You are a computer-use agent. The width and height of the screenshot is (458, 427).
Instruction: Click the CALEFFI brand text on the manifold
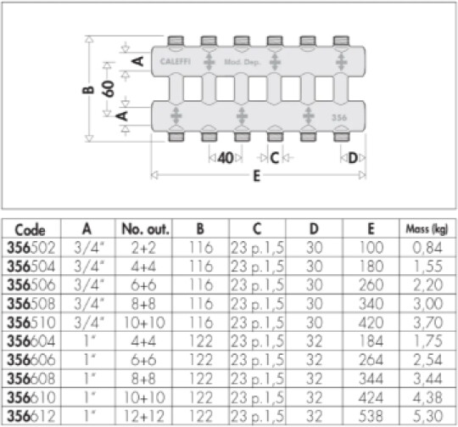(x=176, y=61)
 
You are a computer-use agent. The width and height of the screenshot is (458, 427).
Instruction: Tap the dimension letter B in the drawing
(x=88, y=90)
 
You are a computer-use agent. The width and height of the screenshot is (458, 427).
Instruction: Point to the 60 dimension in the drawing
(x=108, y=88)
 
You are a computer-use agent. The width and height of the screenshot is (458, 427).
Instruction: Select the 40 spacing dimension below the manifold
(x=226, y=158)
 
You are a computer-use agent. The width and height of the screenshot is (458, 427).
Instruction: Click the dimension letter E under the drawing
(x=256, y=177)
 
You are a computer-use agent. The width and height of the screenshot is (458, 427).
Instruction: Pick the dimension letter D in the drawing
(x=353, y=158)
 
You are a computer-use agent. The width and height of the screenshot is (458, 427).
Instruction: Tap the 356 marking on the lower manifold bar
(x=339, y=117)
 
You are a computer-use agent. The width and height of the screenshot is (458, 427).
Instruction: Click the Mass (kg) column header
(x=427, y=229)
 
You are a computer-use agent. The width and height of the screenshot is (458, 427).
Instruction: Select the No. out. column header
(x=145, y=229)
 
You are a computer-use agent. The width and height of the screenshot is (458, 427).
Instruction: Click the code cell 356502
(x=31, y=248)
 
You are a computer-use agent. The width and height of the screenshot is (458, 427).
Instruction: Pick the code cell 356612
(x=31, y=416)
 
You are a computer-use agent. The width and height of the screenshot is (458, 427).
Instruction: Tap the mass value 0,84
(x=427, y=248)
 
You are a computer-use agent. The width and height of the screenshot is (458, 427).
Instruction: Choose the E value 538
(x=371, y=416)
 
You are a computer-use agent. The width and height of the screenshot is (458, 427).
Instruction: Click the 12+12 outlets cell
(x=144, y=416)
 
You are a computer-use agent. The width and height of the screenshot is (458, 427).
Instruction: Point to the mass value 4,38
(x=427, y=397)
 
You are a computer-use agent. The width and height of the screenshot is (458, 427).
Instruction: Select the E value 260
(x=371, y=285)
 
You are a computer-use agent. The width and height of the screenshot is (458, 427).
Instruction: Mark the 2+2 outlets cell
(x=143, y=248)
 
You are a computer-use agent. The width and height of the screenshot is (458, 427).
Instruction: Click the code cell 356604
(x=31, y=341)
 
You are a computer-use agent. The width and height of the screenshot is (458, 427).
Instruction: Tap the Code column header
(x=30, y=230)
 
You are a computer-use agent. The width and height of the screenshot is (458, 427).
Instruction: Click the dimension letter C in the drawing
(x=275, y=158)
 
